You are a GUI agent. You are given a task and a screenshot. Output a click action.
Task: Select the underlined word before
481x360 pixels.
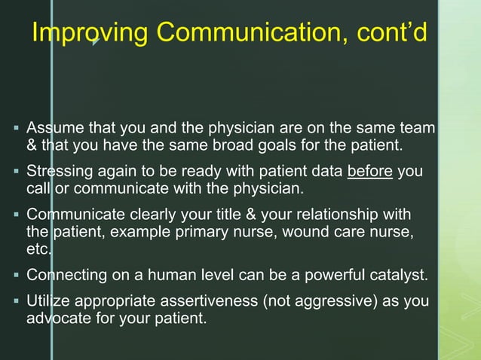click(x=370, y=172)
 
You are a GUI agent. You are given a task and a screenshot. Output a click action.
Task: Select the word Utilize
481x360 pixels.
click(x=47, y=303)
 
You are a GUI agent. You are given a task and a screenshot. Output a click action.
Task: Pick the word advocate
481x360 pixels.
click(x=56, y=319)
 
